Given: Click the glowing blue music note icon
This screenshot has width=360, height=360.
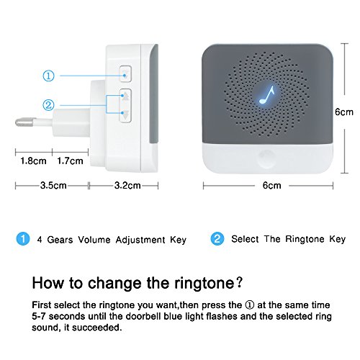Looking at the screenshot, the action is point(266,94).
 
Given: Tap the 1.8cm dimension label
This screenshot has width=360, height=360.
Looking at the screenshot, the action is point(33,161).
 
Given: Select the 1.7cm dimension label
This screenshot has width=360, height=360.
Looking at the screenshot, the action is point(70,161).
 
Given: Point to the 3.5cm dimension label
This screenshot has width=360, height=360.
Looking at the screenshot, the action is point(53,185).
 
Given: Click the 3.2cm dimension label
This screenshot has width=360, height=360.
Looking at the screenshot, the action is point(127,185).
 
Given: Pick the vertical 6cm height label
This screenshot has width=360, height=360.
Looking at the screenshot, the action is point(344,112).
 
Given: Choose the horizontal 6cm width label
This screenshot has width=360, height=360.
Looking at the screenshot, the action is point(271,185).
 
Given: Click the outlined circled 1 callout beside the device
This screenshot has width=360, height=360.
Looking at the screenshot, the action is point(48,76).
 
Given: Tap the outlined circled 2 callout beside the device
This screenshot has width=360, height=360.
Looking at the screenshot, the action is point(48,105).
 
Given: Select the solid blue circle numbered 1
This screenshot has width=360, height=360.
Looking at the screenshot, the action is point(23,239).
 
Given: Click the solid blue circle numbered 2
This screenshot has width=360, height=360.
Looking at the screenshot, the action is point(217,239).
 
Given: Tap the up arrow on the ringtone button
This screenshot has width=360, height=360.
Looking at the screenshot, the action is point(125,96).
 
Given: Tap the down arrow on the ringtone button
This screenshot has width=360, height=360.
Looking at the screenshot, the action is point(125,115).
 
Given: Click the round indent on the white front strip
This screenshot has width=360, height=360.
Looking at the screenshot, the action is point(267,158).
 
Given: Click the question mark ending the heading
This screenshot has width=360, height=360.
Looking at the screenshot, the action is point(240,283).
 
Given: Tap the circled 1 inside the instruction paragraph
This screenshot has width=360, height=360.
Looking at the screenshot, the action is point(250,305).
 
